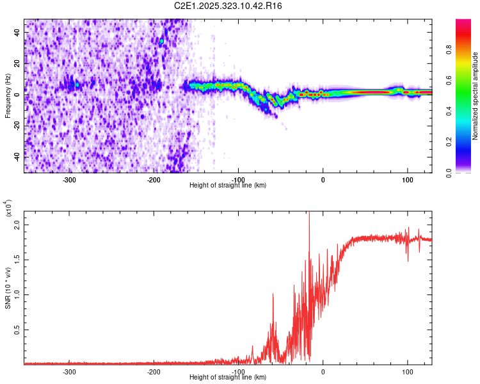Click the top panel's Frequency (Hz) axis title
[x=8, y=96]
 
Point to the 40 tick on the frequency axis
[x=17, y=32]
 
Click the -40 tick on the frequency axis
[x=16, y=156]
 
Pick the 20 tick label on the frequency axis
[x=17, y=63]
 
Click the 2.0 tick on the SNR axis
[x=17, y=225]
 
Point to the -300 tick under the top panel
[x=69, y=179]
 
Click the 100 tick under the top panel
[x=407, y=179]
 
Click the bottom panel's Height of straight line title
[x=228, y=378]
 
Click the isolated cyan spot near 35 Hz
[x=162, y=41]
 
